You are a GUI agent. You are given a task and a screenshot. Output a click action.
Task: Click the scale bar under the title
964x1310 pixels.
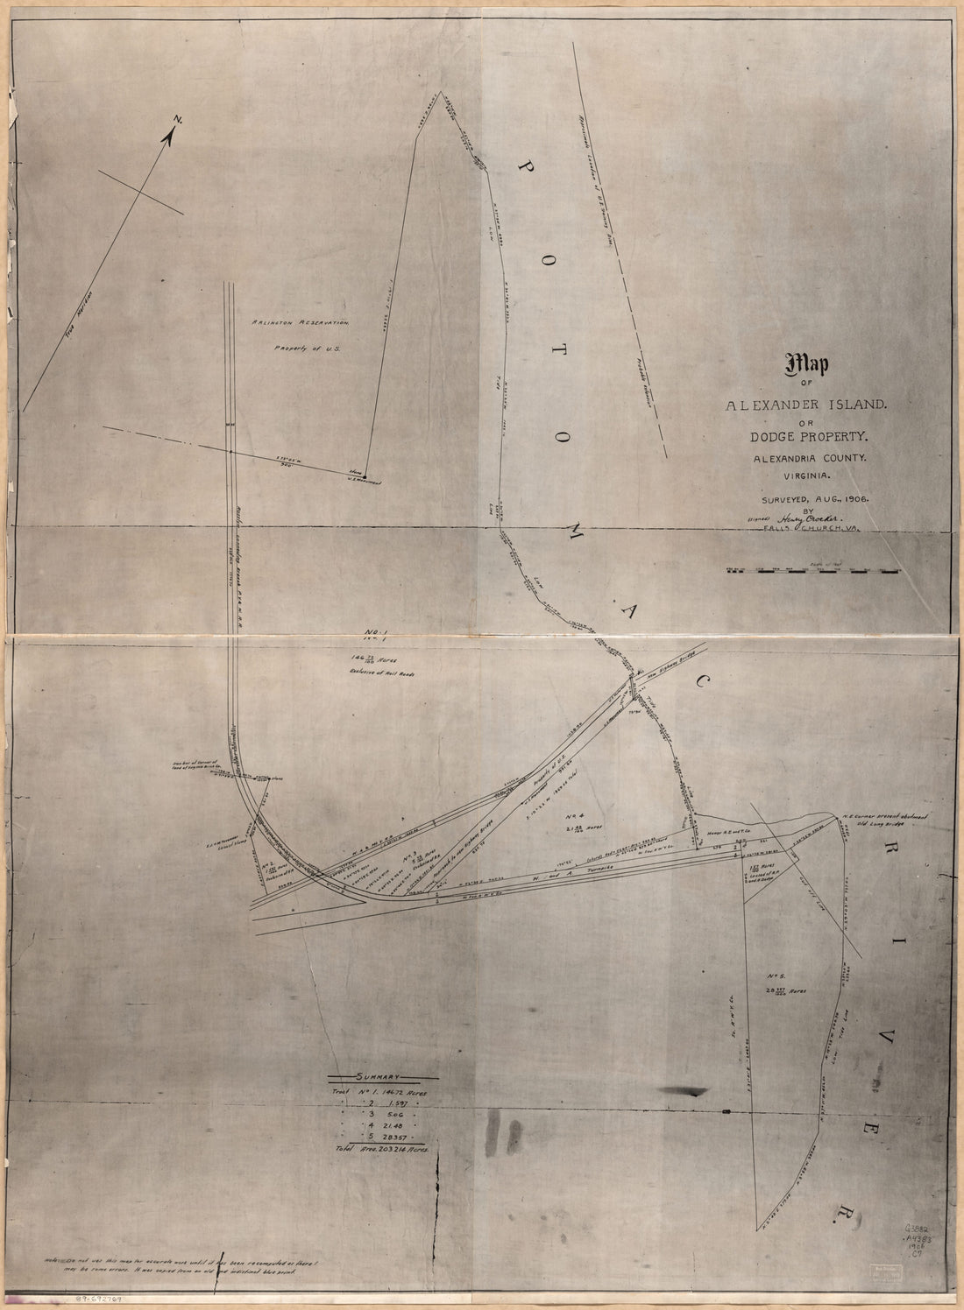(x=813, y=570)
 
